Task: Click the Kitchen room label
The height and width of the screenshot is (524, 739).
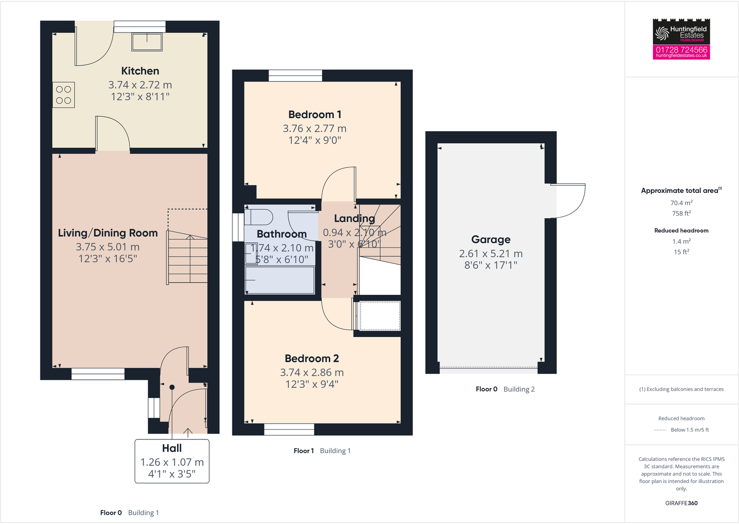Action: (140, 71)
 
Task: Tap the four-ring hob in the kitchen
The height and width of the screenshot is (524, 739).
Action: (64, 95)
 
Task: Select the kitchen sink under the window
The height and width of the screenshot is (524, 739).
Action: (147, 42)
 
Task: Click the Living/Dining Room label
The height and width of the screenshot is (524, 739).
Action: (108, 233)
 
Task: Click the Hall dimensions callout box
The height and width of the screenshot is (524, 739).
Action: (172, 461)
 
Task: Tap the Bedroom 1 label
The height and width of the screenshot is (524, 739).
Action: (315, 115)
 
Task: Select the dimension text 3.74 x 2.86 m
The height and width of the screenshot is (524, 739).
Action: (312, 372)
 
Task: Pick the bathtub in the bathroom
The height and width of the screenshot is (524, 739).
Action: (280, 280)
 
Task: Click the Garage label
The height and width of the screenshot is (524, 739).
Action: (491, 239)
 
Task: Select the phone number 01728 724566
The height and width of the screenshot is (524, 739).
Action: (681, 49)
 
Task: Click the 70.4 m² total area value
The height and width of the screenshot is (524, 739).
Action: (681, 203)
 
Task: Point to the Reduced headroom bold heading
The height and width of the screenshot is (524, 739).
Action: (681, 231)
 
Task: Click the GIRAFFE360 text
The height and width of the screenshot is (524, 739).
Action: (681, 503)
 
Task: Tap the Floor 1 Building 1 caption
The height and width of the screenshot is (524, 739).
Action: (322, 451)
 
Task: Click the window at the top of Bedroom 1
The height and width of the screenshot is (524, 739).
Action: (295, 75)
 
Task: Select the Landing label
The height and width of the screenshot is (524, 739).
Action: (354, 219)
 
